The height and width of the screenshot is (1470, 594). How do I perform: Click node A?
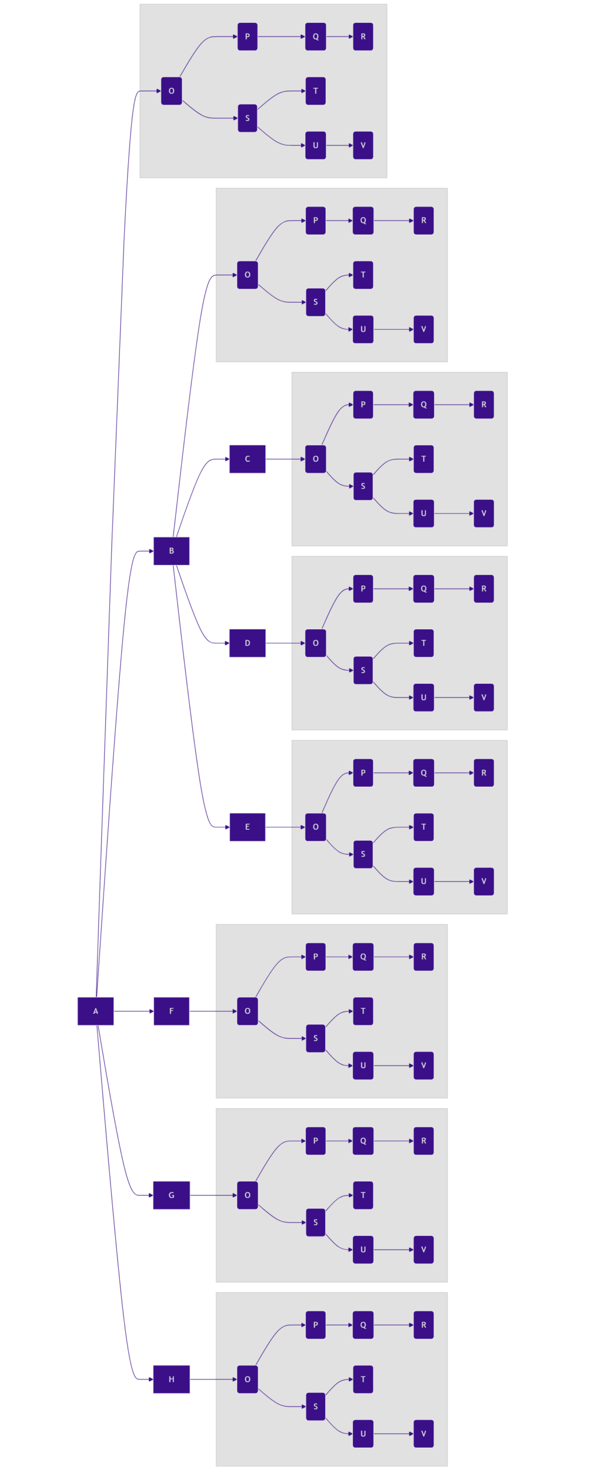[95, 1011]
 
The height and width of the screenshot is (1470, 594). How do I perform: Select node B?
[171, 551]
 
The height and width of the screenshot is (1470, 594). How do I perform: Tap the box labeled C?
[247, 459]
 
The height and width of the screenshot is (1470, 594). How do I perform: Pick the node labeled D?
[247, 643]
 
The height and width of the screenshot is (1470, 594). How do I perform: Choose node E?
[247, 827]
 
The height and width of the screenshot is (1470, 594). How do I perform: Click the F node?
[171, 1011]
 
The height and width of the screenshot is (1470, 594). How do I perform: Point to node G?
[171, 1195]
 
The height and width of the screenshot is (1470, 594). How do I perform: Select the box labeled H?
[171, 1379]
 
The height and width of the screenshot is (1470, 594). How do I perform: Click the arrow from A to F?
[134, 1011]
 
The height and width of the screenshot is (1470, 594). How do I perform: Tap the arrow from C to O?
[285, 459]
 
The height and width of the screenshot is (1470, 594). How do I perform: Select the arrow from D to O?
[285, 643]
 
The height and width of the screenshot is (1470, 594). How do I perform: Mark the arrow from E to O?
[285, 827]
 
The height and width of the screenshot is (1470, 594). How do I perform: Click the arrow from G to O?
[213, 1195]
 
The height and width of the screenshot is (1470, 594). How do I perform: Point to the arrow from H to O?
[213, 1379]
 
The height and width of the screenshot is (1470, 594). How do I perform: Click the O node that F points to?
[247, 1011]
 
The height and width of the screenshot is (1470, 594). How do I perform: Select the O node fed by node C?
[315, 459]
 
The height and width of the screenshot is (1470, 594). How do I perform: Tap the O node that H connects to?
[247, 1379]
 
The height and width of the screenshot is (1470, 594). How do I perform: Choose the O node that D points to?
[315, 643]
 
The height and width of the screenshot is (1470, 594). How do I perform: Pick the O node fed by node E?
[315, 827]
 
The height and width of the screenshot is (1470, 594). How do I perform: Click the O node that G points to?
[247, 1195]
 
